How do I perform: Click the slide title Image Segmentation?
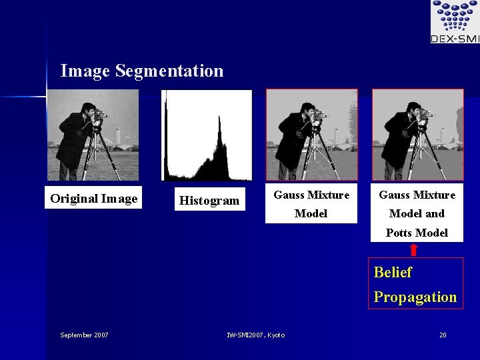(141, 71)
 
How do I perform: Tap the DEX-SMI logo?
(455, 22)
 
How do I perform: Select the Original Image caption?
(93, 199)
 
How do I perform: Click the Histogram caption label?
(209, 201)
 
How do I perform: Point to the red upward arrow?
(413, 250)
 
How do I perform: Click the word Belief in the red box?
(393, 273)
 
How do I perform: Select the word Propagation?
(415, 297)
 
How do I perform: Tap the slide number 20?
(443, 335)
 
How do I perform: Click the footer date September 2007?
(84, 335)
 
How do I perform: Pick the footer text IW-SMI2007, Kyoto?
(255, 335)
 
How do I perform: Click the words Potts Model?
(417, 233)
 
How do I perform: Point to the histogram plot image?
(207, 135)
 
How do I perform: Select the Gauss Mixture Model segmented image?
(311, 135)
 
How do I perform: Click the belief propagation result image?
(417, 135)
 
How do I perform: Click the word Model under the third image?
(311, 214)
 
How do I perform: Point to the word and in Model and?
(435, 214)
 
